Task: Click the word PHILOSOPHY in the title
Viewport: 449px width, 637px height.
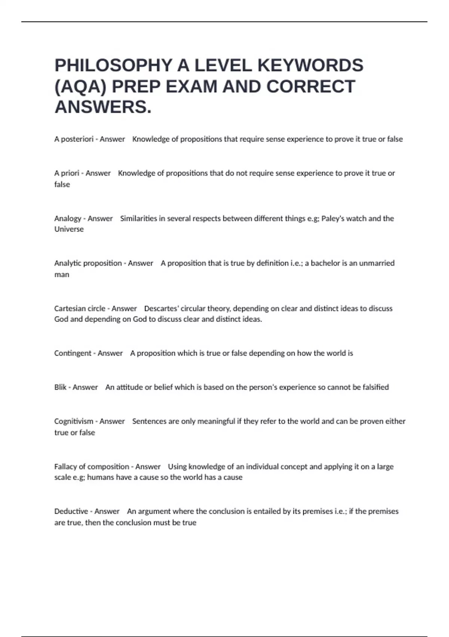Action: [113, 66]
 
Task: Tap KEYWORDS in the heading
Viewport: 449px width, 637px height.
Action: [310, 66]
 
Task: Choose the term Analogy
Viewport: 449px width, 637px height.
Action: [68, 218]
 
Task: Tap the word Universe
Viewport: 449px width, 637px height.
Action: [69, 229]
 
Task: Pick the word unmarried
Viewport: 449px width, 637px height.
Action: [377, 263]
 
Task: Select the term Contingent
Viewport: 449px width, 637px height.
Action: [73, 353]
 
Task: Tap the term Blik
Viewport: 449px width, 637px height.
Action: [60, 387]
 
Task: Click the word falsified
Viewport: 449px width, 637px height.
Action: [376, 387]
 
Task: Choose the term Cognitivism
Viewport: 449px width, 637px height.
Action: [73, 421]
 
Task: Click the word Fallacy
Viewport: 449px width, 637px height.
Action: [65, 467]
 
